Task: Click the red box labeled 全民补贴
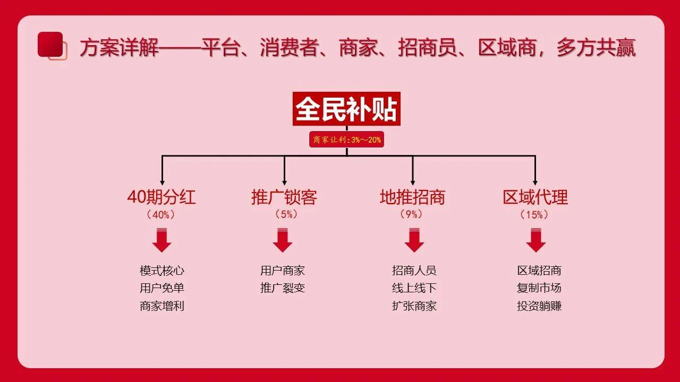[346, 109]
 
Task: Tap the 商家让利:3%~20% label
[347, 140]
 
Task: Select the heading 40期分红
[161, 197]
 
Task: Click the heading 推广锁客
[284, 197]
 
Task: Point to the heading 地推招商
[413, 197]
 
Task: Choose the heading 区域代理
[535, 197]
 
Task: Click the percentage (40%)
[161, 215]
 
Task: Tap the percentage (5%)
[286, 214]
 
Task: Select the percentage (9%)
[411, 214]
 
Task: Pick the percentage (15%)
[534, 215]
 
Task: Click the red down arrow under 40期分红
[162, 240]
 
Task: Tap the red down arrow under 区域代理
[536, 240]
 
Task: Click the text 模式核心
[162, 271]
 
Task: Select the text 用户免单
[162, 288]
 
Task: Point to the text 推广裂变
[282, 288]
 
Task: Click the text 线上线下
[414, 288]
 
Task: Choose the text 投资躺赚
[539, 306]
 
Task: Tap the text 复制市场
[539, 288]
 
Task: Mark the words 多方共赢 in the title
[596, 48]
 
